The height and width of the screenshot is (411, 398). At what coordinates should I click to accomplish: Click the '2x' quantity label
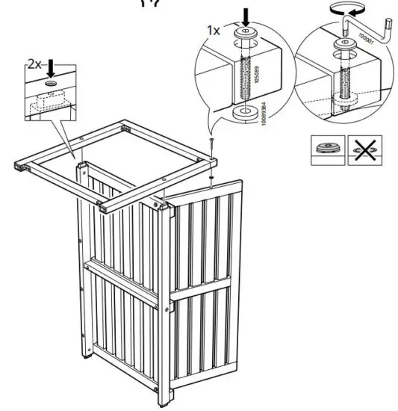(x=34, y=64)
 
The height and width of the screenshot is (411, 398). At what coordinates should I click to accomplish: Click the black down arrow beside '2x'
(x=51, y=67)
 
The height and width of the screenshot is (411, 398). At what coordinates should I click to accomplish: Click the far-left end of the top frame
(x=19, y=167)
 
